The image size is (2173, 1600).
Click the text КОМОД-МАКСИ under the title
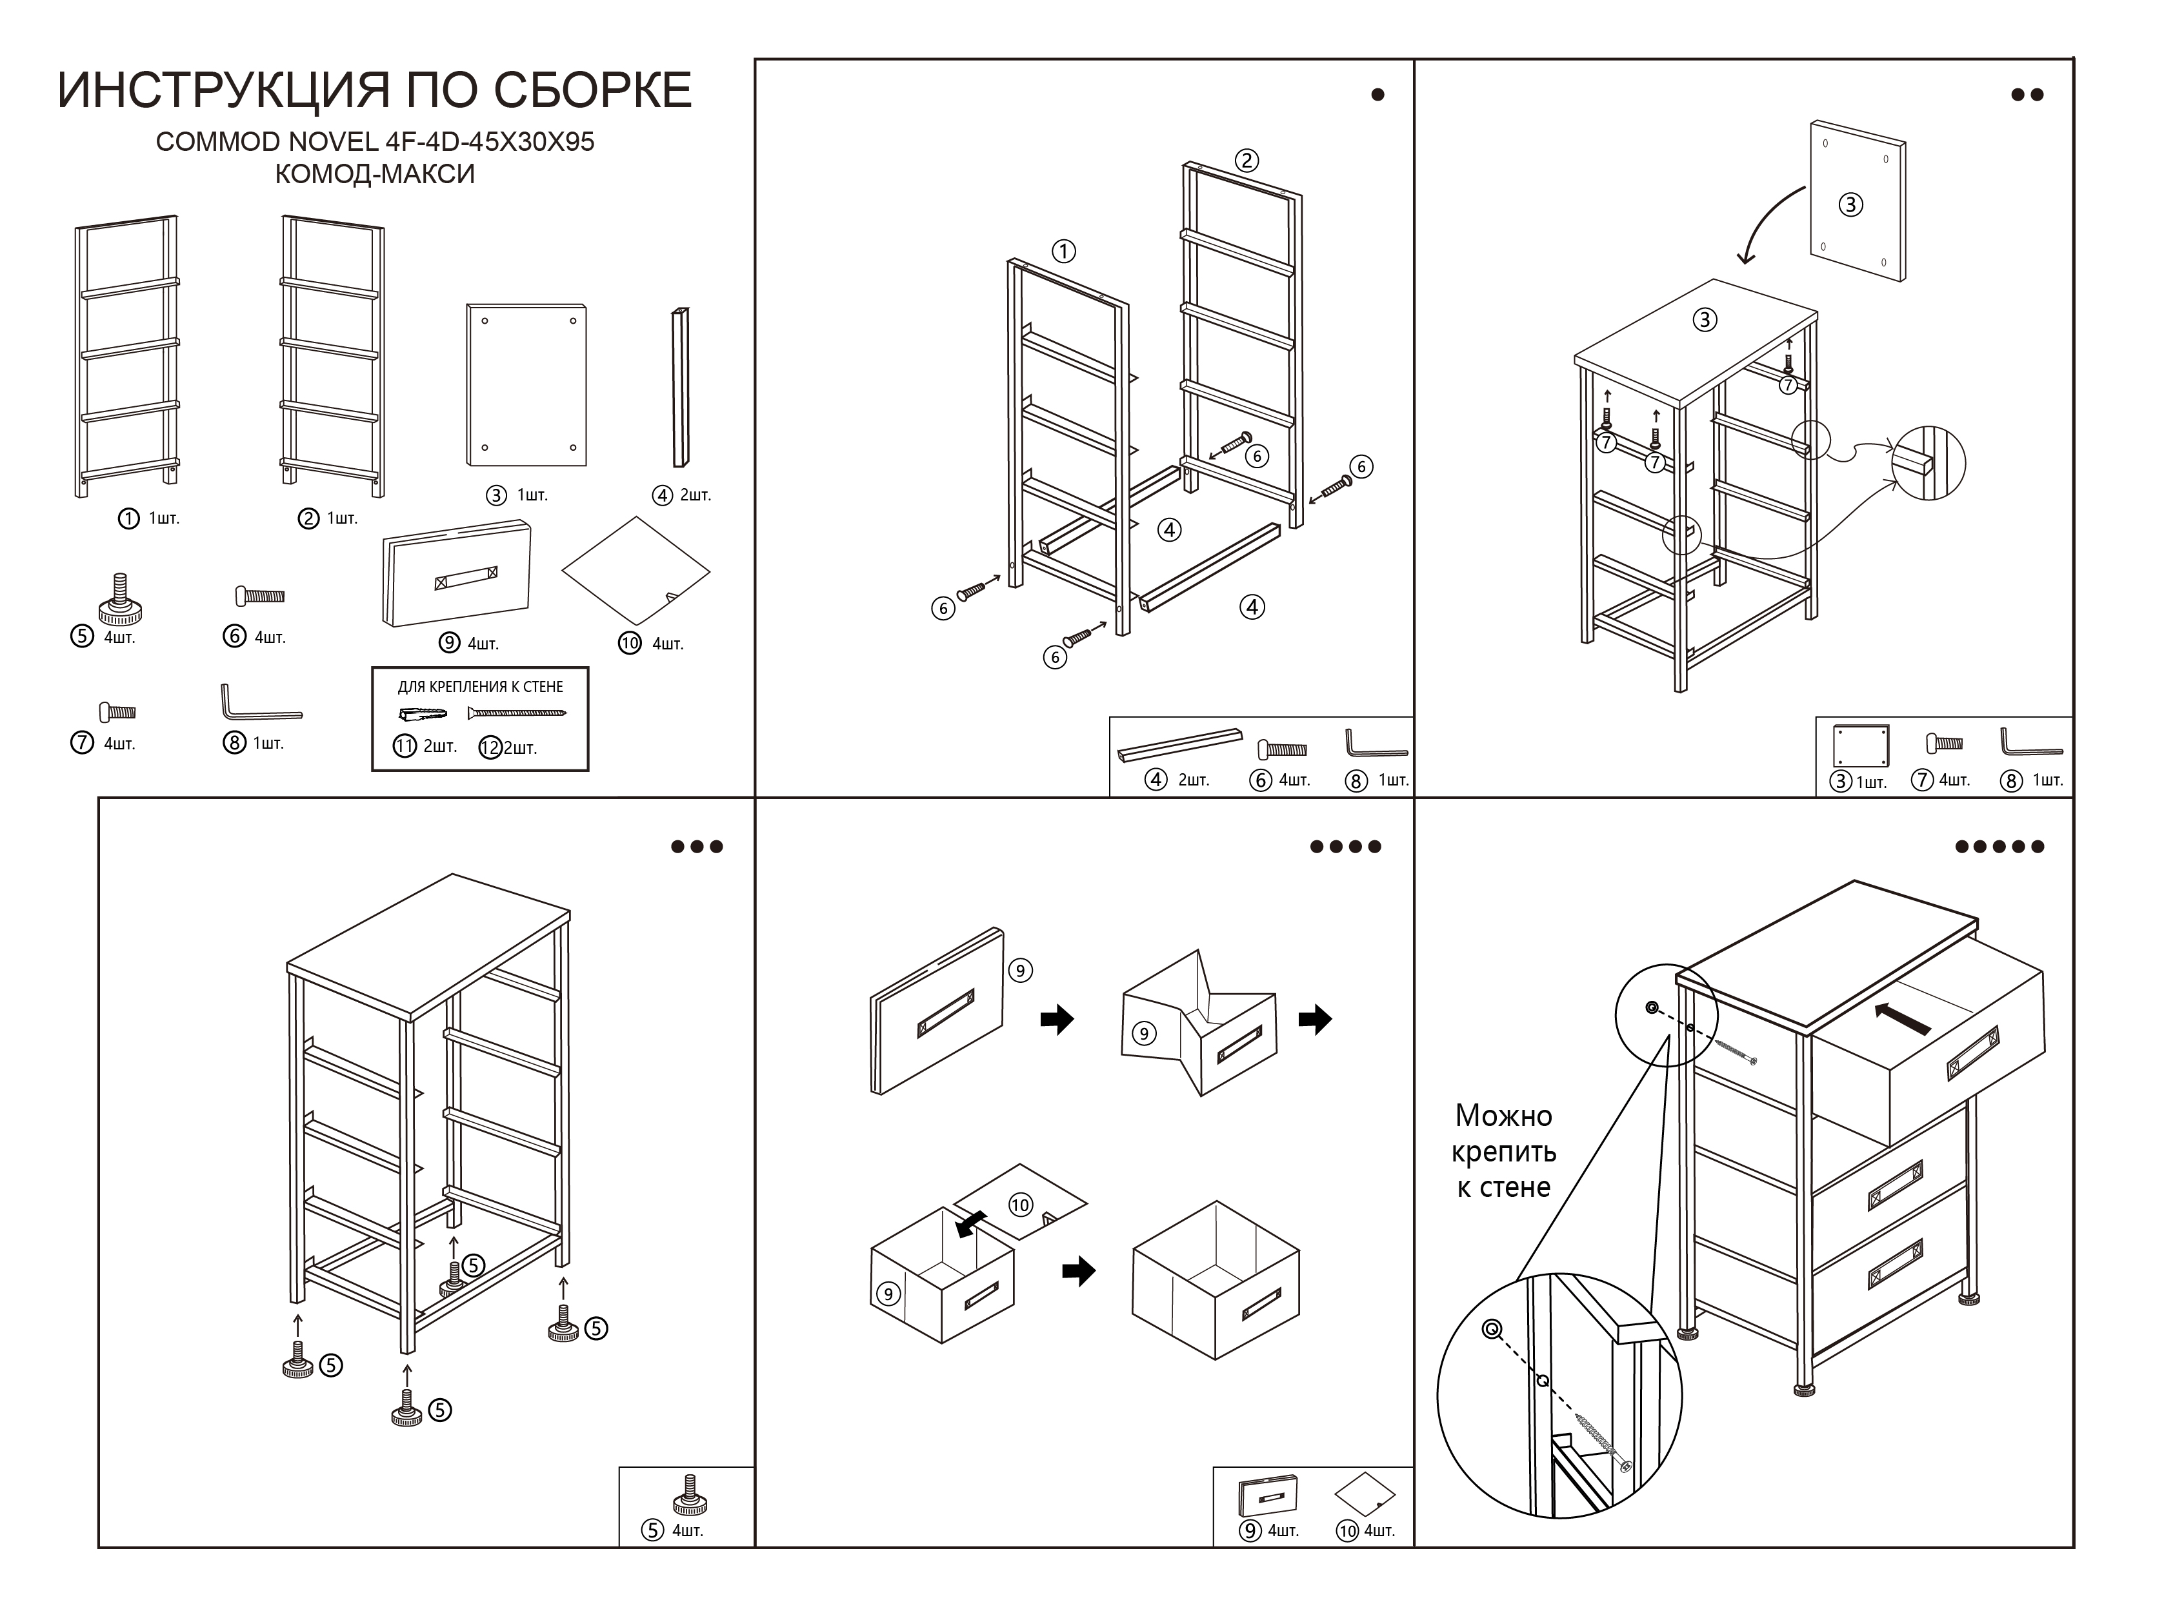click(x=375, y=174)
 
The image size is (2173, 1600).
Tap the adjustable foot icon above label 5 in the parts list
click(x=120, y=600)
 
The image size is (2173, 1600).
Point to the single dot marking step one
click(x=1377, y=95)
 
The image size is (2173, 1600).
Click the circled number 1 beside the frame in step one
click(x=1064, y=252)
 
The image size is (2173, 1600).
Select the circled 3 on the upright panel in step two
click(x=1850, y=204)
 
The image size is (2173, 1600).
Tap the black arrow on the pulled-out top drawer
click(x=1902, y=1018)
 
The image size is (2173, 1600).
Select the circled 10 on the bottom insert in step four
click(x=1020, y=1205)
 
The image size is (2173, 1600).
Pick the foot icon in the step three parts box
click(x=689, y=1496)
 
